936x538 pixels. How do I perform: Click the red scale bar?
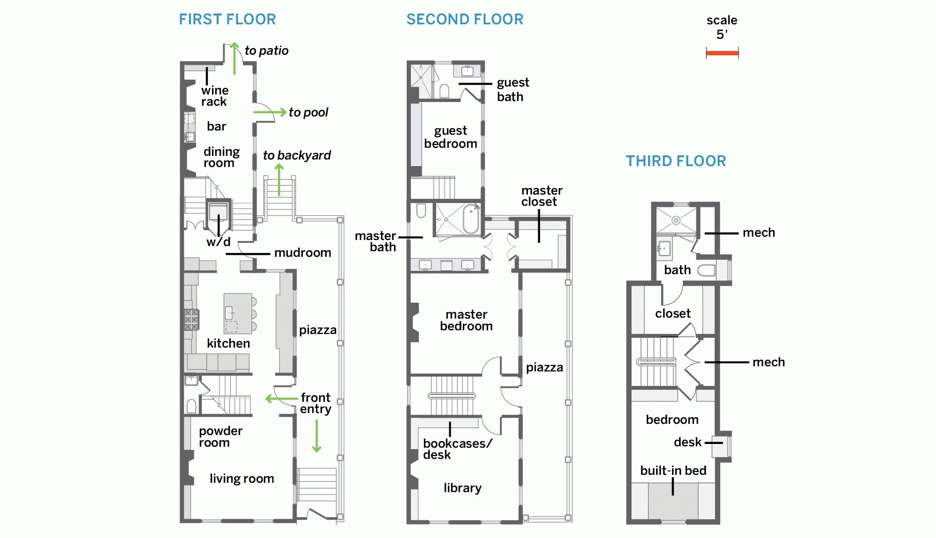722,53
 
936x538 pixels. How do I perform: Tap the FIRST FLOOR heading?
227,20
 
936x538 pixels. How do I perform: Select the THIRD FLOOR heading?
676,161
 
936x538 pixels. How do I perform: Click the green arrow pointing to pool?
270,112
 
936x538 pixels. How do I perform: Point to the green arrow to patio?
234,58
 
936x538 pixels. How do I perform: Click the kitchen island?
238,313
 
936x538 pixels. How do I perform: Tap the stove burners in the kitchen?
191,320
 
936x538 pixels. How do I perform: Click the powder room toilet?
191,406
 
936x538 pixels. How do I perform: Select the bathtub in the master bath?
471,218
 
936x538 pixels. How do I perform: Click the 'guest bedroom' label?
450,137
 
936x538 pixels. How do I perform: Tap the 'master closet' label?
541,196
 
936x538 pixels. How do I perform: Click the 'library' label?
462,488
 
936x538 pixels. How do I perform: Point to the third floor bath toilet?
706,270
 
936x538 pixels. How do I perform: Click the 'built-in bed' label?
673,471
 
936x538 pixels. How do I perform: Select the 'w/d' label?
218,242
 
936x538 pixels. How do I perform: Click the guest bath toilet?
445,91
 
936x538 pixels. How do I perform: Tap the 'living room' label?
241,479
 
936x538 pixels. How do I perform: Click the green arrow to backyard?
279,180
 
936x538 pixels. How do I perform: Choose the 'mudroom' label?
302,253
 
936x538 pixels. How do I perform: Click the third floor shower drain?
676,220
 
